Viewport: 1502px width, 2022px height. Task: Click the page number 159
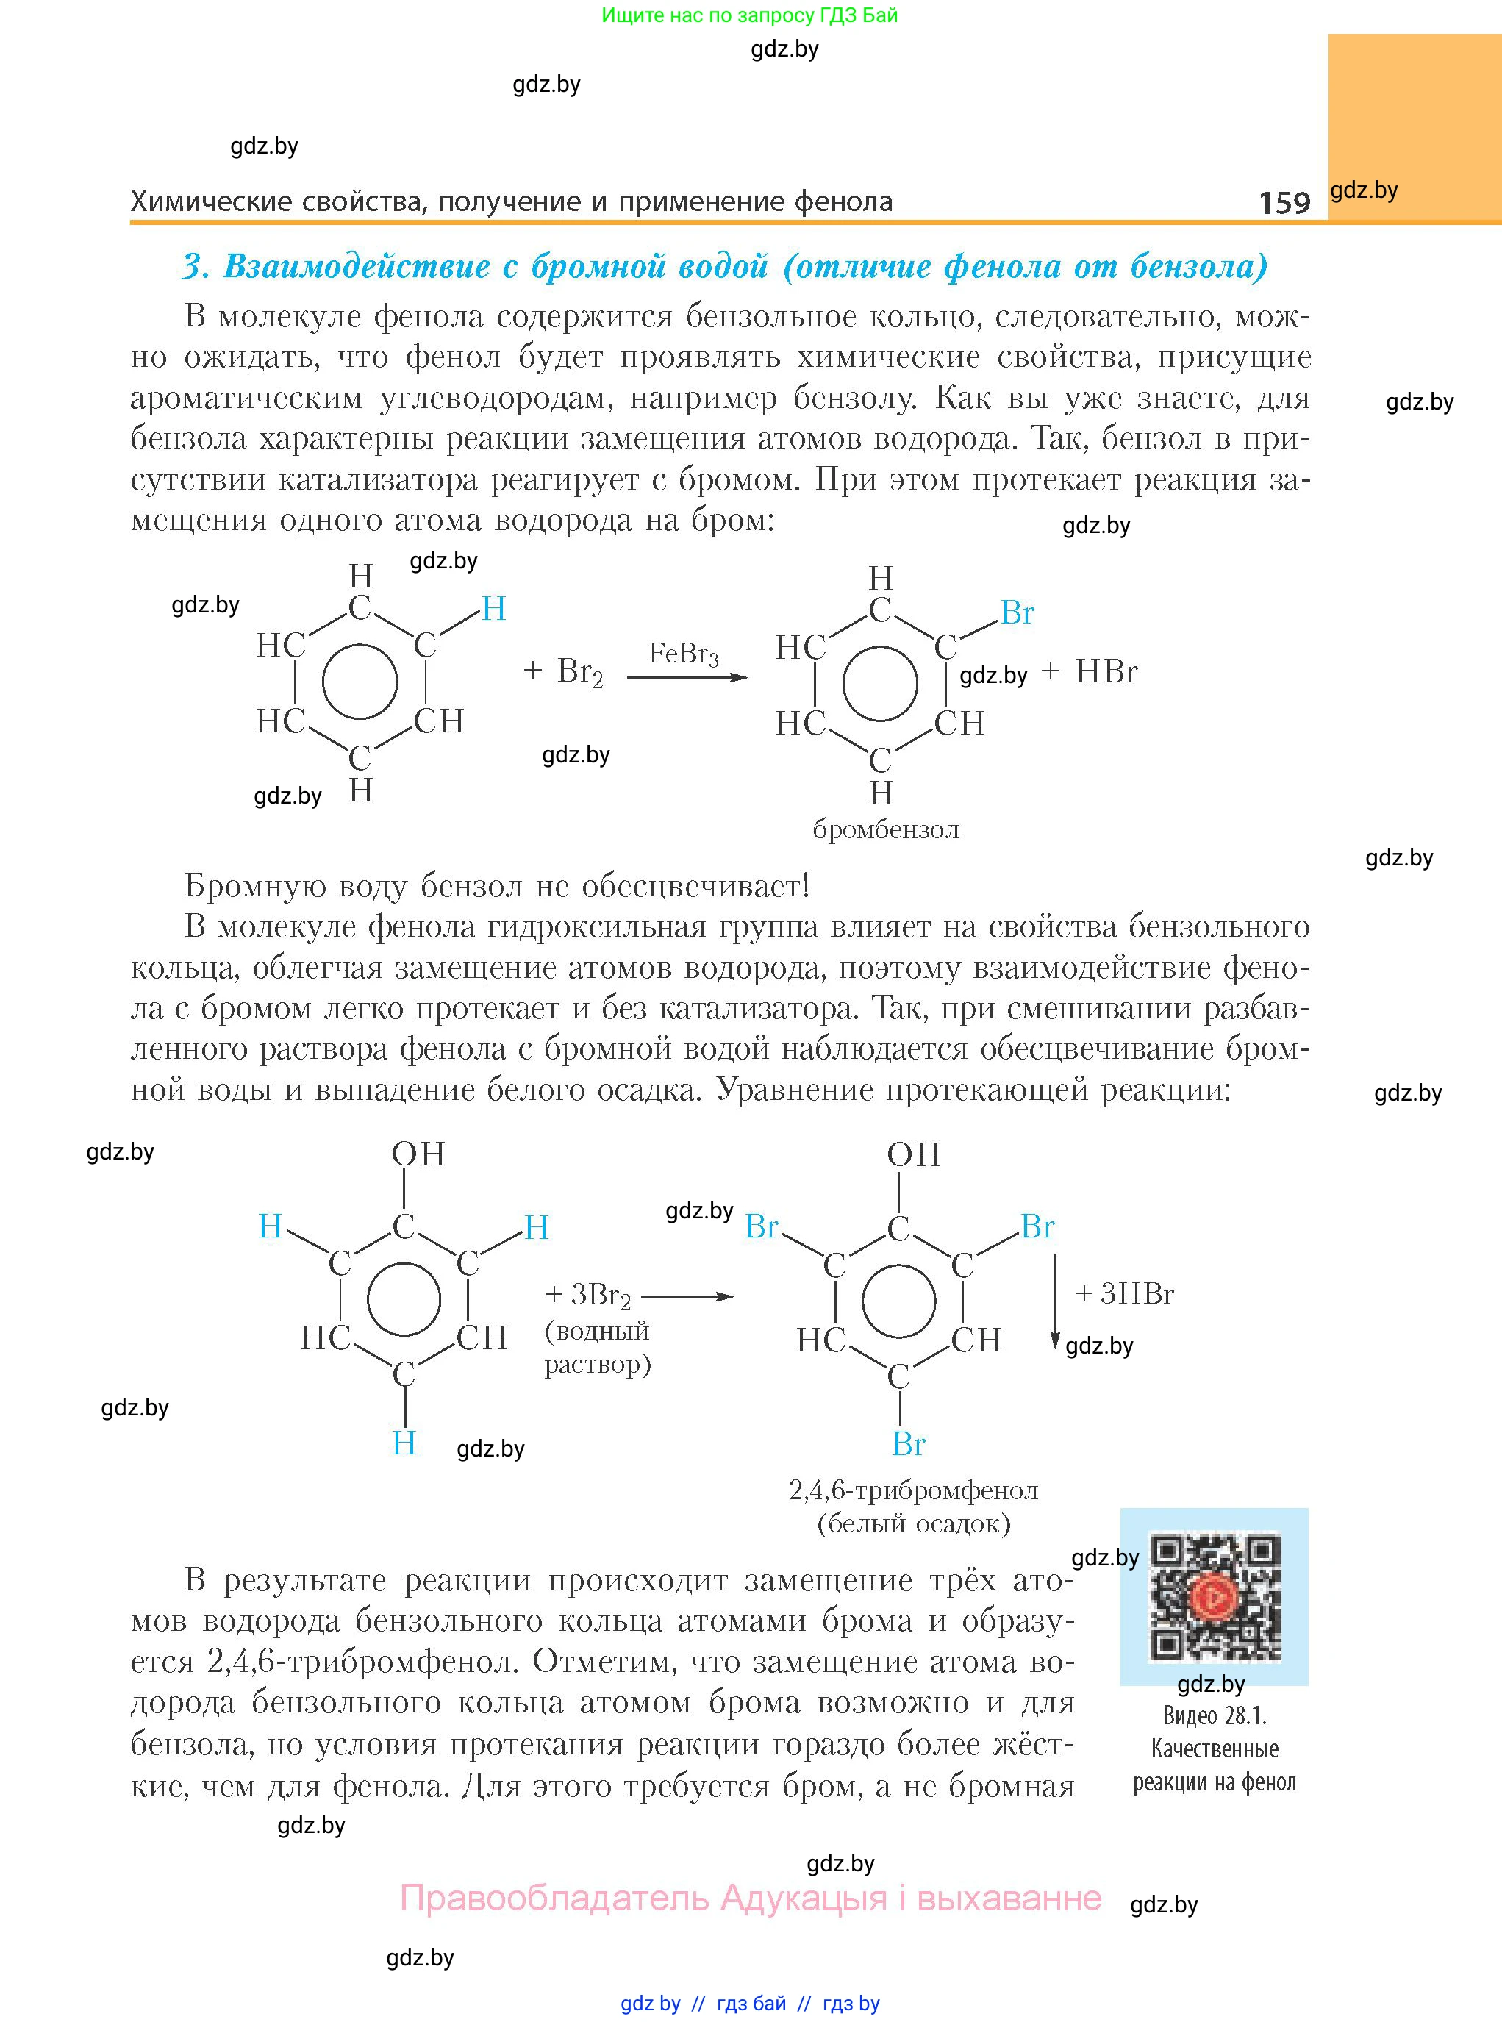point(1284,202)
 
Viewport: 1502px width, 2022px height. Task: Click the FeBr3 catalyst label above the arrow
point(684,654)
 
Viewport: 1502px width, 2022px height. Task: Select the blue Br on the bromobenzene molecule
point(1017,612)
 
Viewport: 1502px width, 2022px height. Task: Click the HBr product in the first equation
point(1106,672)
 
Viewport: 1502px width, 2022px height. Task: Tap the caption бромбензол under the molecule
point(886,829)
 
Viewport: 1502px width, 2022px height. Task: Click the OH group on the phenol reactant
point(418,1154)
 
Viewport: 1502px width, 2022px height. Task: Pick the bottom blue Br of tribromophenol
point(908,1444)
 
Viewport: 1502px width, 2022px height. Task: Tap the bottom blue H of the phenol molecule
point(404,1443)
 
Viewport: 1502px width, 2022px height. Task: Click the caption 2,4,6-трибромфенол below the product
point(913,1490)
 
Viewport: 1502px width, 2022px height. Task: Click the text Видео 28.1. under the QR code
point(1215,1715)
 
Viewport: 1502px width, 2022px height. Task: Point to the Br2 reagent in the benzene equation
point(579,672)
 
